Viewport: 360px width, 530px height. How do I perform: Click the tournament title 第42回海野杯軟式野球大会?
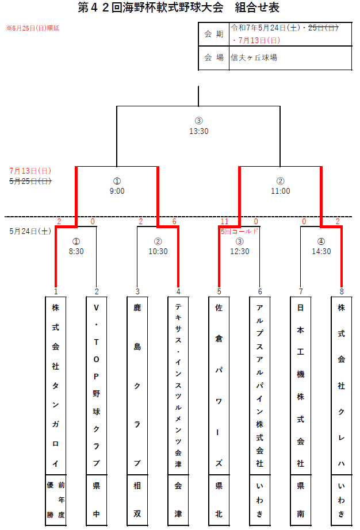point(151,7)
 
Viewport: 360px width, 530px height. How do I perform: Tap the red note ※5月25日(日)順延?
point(32,28)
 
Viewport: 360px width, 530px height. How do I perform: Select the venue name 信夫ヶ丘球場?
point(254,58)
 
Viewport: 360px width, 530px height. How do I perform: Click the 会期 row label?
point(213,34)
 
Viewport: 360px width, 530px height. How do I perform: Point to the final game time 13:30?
point(199,131)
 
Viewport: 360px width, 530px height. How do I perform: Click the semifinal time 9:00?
point(117,191)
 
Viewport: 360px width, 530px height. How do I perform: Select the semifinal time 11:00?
point(280,191)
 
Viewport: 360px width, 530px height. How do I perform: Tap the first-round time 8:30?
point(76,251)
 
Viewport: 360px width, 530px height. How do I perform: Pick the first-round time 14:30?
point(321,251)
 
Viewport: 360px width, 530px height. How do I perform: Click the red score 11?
point(224,221)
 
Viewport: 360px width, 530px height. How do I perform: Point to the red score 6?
point(174,221)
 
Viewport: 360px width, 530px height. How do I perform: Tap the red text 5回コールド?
point(239,231)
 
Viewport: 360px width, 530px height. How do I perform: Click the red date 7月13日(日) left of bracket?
point(30,171)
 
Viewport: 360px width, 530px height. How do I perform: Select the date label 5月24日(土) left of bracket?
point(30,231)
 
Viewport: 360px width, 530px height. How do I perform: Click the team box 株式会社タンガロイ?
point(56,386)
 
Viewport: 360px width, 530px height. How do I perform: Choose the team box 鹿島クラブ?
point(137,386)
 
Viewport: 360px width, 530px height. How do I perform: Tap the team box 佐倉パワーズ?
point(219,386)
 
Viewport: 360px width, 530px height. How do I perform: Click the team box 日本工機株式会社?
point(301,386)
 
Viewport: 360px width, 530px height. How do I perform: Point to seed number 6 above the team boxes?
point(260,291)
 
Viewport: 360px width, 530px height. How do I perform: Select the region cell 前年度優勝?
point(56,500)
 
